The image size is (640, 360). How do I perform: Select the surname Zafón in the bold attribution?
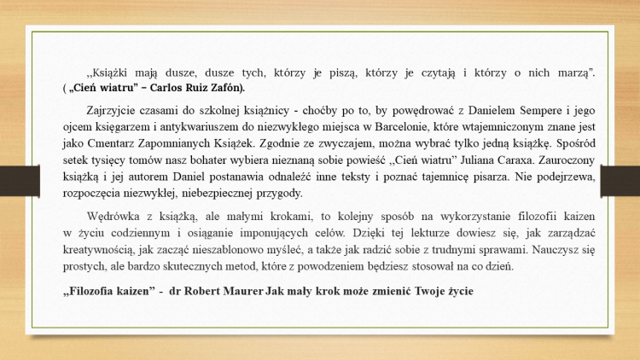point(225,88)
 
